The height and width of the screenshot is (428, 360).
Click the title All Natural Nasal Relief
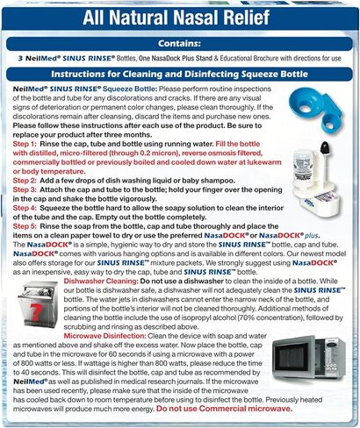[180, 18]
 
